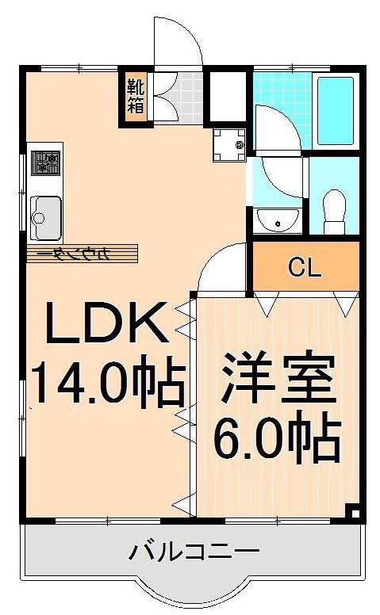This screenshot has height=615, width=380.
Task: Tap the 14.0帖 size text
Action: pos(107,383)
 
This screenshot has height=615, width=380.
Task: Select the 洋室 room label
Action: pos(274,379)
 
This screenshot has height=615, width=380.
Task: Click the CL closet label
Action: pos(305,268)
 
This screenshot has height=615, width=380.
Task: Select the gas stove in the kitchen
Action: pos(44,162)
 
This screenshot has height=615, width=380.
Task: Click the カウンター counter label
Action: pos(82,254)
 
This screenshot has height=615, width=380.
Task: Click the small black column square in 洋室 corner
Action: pos(353,510)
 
